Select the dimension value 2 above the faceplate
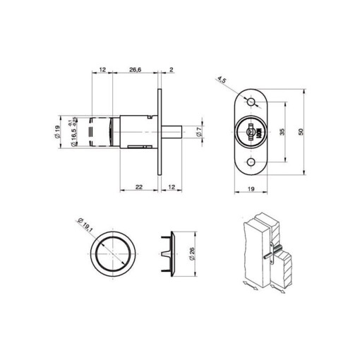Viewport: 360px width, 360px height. (172, 70)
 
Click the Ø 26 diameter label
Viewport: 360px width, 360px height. (191, 252)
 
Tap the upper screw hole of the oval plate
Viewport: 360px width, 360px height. (250, 103)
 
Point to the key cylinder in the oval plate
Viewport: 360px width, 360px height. (250, 132)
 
